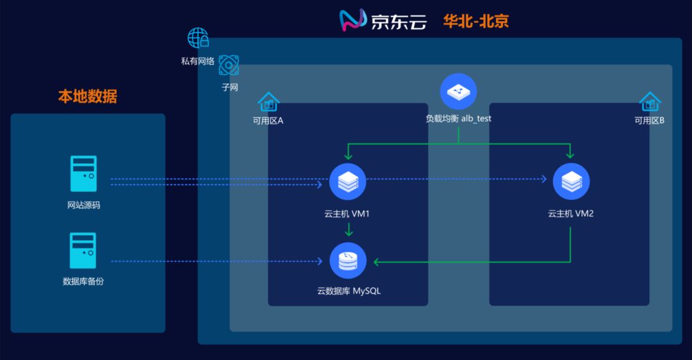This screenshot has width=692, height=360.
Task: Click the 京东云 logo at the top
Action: (x=383, y=21)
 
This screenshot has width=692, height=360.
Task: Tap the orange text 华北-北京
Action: (x=475, y=21)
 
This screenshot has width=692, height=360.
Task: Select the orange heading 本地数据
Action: (x=88, y=97)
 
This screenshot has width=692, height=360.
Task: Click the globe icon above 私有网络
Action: (x=198, y=38)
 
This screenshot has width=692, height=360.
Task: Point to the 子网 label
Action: (x=230, y=88)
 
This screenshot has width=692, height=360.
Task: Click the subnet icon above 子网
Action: (x=229, y=65)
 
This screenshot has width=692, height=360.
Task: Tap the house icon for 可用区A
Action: (x=268, y=101)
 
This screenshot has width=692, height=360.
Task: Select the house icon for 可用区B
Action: (x=650, y=101)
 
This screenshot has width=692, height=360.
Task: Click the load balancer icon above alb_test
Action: (x=458, y=91)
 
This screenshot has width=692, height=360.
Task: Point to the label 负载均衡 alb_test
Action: (x=458, y=119)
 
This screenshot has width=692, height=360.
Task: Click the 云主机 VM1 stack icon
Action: (x=347, y=181)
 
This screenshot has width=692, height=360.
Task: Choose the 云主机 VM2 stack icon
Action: (x=571, y=181)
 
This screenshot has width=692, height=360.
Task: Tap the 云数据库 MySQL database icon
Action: (x=348, y=261)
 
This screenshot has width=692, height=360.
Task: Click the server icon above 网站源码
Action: (x=83, y=174)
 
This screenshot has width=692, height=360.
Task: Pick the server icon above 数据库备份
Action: (x=83, y=250)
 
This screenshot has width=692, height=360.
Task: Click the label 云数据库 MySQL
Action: (x=349, y=291)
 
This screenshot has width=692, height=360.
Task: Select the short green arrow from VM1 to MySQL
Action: (x=348, y=229)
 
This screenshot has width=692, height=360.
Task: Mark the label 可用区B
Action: (x=649, y=120)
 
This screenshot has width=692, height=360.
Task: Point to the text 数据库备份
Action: (x=83, y=281)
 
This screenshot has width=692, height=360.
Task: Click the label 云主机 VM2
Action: (x=570, y=213)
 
